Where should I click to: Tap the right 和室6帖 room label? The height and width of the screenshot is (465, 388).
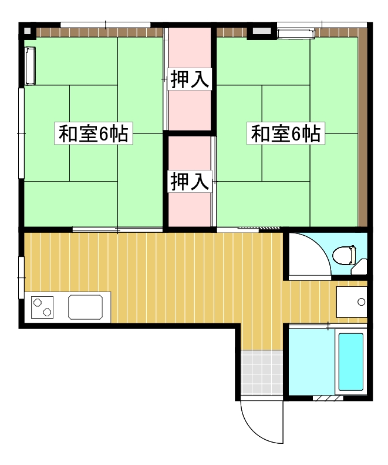tap(286, 133)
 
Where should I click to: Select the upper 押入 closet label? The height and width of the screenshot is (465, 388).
tap(190, 79)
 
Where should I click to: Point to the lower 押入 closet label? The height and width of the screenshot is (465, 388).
tap(190, 181)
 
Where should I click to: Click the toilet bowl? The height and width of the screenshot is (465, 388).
tap(344, 255)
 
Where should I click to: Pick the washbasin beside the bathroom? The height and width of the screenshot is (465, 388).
tap(351, 302)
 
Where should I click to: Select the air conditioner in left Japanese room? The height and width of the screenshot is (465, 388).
tap(31, 66)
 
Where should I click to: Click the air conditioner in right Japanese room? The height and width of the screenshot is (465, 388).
tap(296, 33)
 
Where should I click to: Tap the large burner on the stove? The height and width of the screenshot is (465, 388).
tap(46, 311)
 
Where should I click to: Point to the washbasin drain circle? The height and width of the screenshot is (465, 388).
tap(360, 302)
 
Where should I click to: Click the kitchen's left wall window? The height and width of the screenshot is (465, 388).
tap(22, 276)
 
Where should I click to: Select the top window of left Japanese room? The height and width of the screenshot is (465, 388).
tap(106, 25)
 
